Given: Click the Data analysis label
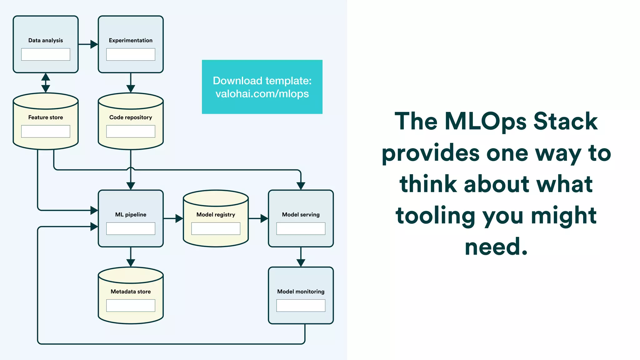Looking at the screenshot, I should (x=46, y=40).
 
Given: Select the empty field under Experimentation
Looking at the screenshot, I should (x=131, y=54).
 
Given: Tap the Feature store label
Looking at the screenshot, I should (x=46, y=117).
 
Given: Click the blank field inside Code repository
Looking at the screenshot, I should (x=131, y=131).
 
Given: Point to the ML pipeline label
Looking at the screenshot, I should (x=131, y=215).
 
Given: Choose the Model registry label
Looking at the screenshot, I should (x=216, y=215).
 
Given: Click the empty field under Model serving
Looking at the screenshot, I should (x=301, y=228).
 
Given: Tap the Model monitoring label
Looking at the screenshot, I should (x=301, y=292).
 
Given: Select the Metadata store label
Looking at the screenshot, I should (x=131, y=292).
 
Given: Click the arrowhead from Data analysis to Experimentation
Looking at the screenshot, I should (x=94, y=44).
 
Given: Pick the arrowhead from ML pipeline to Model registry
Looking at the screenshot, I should (x=179, y=218).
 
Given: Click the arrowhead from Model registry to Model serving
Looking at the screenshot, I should (x=264, y=218).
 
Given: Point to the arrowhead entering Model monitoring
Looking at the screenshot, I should (x=301, y=263).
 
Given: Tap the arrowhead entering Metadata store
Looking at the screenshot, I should (x=131, y=263).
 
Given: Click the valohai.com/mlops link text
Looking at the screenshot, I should (x=262, y=94).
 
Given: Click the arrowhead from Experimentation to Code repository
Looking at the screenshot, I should (x=131, y=89).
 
